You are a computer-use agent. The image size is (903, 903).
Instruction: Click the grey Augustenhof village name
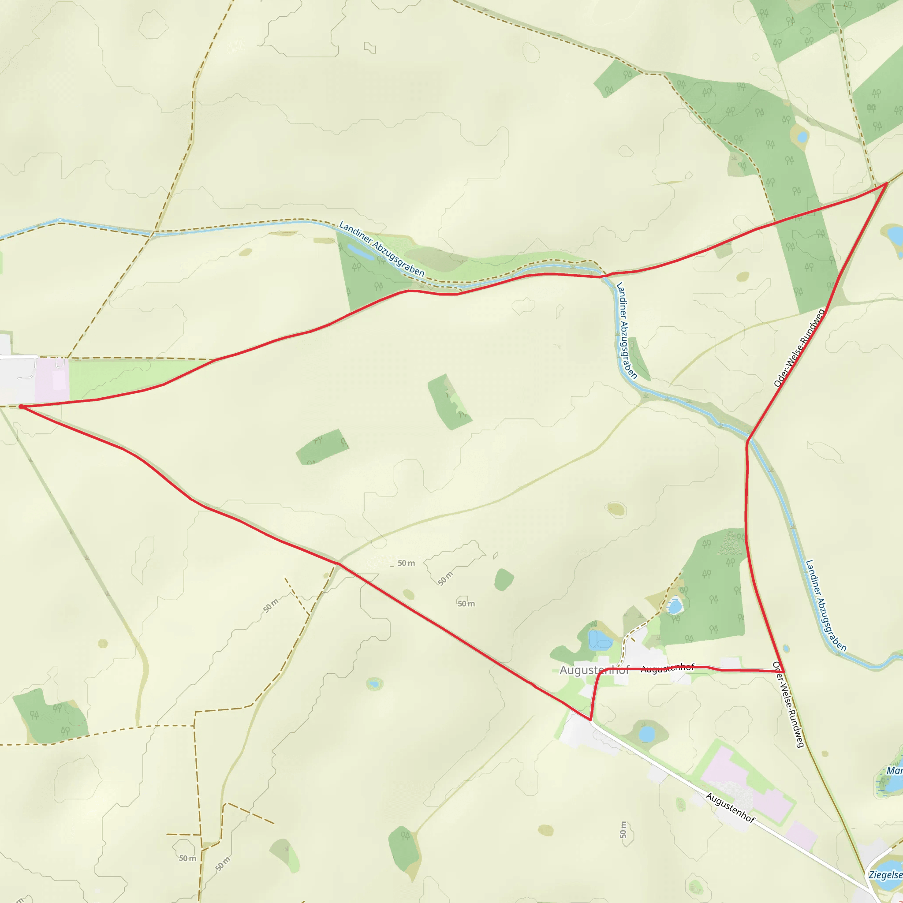(594, 670)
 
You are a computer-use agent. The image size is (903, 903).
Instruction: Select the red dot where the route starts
(21, 407)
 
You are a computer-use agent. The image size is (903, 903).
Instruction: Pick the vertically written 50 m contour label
(623, 830)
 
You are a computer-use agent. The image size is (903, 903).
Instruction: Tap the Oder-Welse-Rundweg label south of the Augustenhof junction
(789, 705)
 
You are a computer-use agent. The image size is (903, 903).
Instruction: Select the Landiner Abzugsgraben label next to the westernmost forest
(381, 249)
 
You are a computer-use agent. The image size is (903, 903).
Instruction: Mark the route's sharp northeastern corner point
(886, 184)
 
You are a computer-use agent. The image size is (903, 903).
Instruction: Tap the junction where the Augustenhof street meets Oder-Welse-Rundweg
(783, 672)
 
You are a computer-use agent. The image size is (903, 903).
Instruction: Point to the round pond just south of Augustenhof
(647, 734)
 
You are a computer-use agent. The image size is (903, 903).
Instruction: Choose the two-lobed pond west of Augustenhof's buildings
(599, 640)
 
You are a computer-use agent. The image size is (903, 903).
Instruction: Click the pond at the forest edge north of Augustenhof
(675, 607)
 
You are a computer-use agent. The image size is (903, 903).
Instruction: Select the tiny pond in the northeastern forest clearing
(802, 137)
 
